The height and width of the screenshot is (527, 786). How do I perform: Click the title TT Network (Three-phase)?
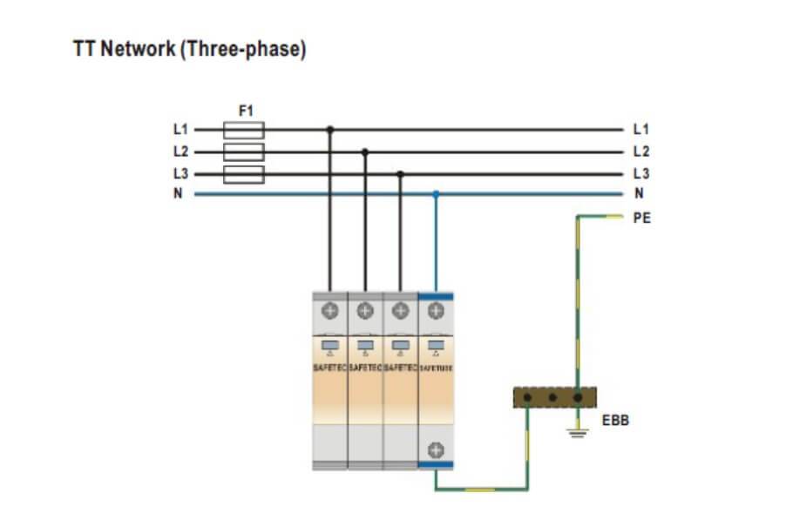click(x=190, y=50)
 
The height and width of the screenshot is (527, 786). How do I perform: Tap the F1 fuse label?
click(x=245, y=111)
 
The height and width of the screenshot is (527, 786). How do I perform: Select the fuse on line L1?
click(x=244, y=130)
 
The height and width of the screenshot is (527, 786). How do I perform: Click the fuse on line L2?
click(x=244, y=152)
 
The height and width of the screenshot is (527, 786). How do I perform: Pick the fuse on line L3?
click(x=244, y=175)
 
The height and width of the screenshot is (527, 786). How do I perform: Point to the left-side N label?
click(x=179, y=193)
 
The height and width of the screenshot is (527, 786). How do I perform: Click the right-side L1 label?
click(x=640, y=129)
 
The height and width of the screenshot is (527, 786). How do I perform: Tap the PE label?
click(x=641, y=219)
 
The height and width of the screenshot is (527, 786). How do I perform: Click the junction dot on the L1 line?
click(x=329, y=130)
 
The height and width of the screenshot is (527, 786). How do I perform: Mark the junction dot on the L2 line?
click(x=365, y=152)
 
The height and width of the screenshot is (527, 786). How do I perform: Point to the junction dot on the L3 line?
click(x=400, y=174)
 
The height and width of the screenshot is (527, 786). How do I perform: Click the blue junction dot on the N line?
click(x=436, y=194)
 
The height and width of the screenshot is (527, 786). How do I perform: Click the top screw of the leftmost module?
click(x=330, y=309)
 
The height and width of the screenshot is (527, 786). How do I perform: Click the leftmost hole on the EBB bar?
click(x=527, y=398)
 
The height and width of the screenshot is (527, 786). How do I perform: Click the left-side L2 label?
click(x=180, y=152)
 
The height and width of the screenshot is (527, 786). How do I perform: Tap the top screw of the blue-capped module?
click(x=436, y=309)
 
